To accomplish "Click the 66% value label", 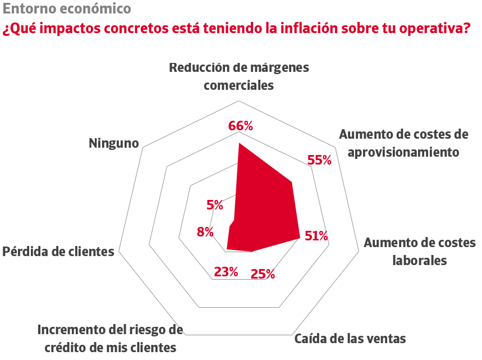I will tap(240, 126).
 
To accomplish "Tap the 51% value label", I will tap(316, 236).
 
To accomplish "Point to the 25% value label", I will tap(263, 274).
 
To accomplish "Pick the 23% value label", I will tap(226, 272).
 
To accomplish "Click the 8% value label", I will tap(205, 231).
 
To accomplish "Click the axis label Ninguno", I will tap(114, 143).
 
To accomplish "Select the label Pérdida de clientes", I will tap(58, 251).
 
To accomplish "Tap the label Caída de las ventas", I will tap(350, 339).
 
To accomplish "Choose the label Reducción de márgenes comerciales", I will tap(239, 76).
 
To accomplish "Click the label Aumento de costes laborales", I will tap(419, 252).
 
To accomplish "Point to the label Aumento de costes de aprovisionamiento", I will tap(403, 143).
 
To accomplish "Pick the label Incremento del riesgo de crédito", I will tap(110, 338).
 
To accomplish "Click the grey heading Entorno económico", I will tap(67, 9).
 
